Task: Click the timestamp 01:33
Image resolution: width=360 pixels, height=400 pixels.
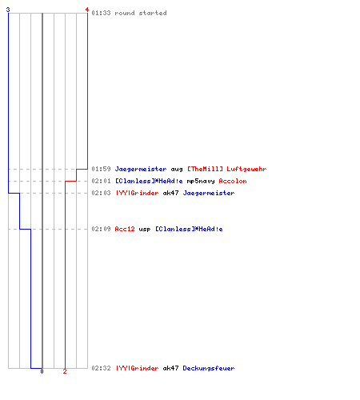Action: coord(101,13)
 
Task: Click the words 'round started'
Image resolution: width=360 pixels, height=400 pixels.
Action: coord(141,13)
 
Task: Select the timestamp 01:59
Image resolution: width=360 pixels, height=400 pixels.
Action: coord(101,169)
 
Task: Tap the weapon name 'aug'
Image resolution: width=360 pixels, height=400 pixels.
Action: coord(177,170)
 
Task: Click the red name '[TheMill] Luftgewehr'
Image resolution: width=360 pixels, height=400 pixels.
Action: coord(227,169)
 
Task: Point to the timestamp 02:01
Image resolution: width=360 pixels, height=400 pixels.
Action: coord(101,181)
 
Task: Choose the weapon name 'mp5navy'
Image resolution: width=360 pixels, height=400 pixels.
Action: coord(201,181)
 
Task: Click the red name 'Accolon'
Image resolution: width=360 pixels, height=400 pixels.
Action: coord(233,181)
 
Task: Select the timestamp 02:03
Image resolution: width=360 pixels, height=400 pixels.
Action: coord(101,193)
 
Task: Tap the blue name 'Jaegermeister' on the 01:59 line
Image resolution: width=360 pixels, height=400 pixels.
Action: coord(141,169)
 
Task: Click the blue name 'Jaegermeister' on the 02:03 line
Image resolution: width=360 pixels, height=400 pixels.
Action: coord(209,193)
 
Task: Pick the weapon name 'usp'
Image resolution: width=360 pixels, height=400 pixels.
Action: coord(145,230)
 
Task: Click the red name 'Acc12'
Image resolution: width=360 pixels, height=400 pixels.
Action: coord(125,229)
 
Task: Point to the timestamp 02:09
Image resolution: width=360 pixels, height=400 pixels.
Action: coord(101,229)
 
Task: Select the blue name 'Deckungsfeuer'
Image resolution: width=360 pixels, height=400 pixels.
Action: coord(209,368)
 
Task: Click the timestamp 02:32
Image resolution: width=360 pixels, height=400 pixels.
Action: coord(101,368)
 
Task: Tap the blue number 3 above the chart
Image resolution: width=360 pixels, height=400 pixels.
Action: coord(8,10)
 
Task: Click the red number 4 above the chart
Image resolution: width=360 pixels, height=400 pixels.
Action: coord(87,10)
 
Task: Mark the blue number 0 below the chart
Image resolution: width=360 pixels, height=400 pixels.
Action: coord(42,371)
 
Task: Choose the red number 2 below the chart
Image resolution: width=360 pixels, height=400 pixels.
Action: coord(65,371)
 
